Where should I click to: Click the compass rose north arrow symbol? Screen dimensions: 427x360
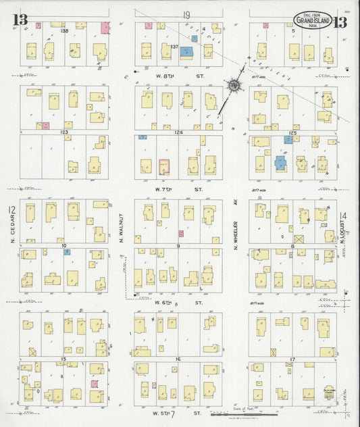coord(234,86)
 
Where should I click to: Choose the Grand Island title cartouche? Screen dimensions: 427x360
coord(313,20)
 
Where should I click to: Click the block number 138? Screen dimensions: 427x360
coord(65,31)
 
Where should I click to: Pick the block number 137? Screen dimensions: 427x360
coord(174,47)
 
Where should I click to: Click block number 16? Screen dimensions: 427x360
coord(178,359)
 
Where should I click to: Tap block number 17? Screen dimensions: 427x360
coord(292,359)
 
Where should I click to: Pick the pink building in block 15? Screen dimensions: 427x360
coord(95,384)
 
